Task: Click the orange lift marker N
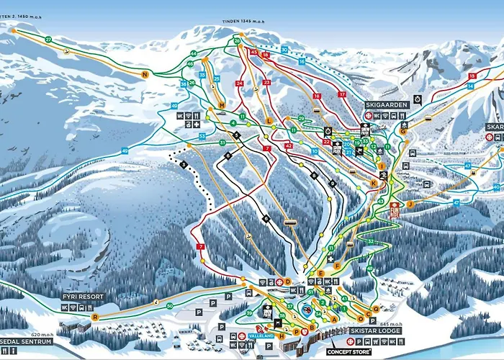145,74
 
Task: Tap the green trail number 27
48,39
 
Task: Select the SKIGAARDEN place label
387,104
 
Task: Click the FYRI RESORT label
81,296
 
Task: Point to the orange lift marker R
94,316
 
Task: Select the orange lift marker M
222,105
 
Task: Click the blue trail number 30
284,49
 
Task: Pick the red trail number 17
342,94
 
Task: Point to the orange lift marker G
403,131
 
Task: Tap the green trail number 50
170,307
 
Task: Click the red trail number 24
240,84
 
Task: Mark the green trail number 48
369,269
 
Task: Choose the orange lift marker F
336,266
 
